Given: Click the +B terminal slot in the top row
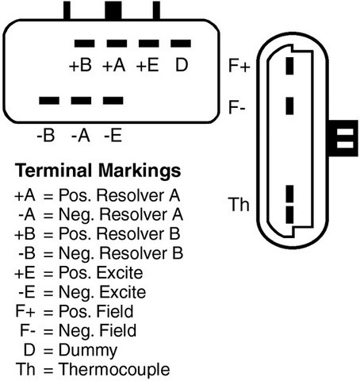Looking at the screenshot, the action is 84,44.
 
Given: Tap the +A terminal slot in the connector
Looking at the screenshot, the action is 117,44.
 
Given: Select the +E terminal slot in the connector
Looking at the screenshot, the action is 149,44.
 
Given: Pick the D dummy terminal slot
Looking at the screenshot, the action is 181,44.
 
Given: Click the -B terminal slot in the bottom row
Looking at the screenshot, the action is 49,101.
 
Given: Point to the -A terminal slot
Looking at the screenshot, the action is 81,101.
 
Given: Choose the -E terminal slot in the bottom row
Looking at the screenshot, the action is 113,101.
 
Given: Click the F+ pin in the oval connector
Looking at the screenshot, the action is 289,66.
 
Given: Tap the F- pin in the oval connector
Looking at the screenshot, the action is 289,106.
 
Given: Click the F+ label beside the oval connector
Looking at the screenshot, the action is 239,65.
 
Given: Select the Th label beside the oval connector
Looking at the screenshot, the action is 239,204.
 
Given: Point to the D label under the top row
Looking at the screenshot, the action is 182,65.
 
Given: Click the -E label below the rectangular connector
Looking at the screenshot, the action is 113,136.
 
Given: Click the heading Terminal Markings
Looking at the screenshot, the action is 98,170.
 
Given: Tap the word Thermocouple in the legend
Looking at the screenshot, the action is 114,369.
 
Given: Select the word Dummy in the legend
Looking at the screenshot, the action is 88,350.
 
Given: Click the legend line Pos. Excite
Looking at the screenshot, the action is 101,273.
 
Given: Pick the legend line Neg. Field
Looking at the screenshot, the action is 98,331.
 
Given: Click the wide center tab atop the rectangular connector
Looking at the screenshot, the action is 113,10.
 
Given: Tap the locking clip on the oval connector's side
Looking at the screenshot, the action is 343,138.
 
